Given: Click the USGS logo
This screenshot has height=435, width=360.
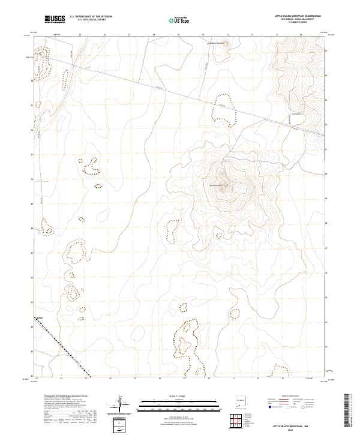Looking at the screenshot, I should click(x=55, y=19).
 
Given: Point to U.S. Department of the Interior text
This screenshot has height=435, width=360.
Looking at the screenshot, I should click(x=90, y=16).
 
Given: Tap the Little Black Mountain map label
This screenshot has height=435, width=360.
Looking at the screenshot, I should click(x=218, y=43).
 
